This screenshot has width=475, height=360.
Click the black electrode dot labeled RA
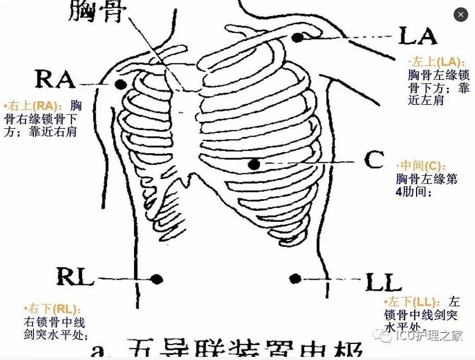coord(121,84)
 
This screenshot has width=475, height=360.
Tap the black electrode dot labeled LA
coord(298,38)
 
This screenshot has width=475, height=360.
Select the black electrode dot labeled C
coord(254,165)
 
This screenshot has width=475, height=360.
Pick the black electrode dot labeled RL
coord(157,279)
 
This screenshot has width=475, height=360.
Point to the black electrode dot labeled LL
coord(295,279)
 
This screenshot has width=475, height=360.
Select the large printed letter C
coord(374,160)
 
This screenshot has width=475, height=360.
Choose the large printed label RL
coord(75,277)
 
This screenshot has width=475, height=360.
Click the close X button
coord(460,15)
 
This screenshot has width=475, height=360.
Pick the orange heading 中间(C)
coord(421,166)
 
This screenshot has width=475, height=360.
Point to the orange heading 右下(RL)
coord(53,309)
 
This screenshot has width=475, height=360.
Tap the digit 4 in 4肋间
coord(399,191)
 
